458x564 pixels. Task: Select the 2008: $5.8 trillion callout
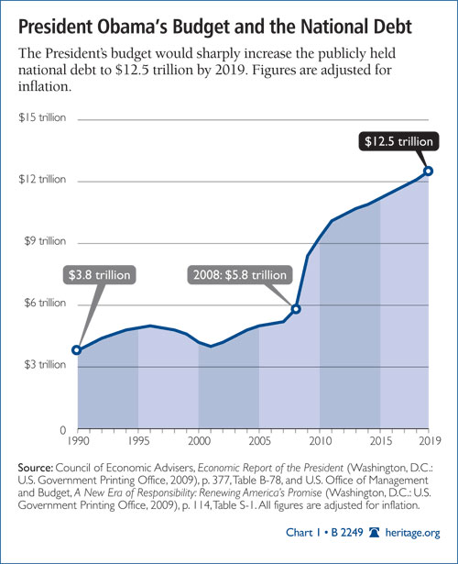point(251,274)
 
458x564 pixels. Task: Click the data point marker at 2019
point(429,171)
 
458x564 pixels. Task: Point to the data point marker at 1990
point(77,349)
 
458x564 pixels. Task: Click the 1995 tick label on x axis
point(137,442)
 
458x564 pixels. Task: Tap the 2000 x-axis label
point(199,442)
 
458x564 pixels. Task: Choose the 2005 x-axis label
point(259,442)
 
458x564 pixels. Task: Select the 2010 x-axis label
point(320,442)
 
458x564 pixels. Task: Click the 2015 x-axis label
point(380,442)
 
